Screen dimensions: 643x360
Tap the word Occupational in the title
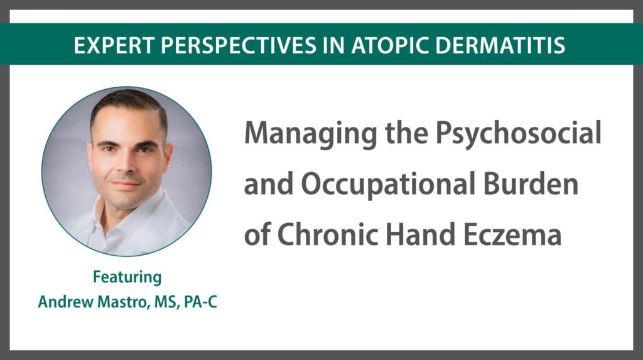(388, 184)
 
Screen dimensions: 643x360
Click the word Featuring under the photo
(127, 278)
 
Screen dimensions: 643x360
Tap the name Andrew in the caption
(65, 302)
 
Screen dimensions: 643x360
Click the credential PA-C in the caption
(200, 302)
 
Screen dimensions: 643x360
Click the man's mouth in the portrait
(125, 184)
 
